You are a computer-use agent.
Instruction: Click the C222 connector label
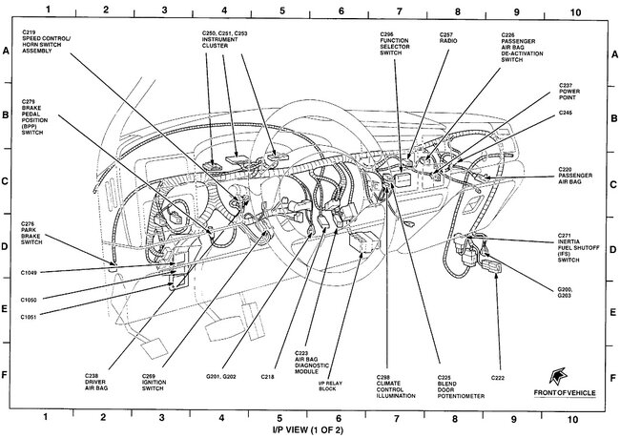point(498,377)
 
